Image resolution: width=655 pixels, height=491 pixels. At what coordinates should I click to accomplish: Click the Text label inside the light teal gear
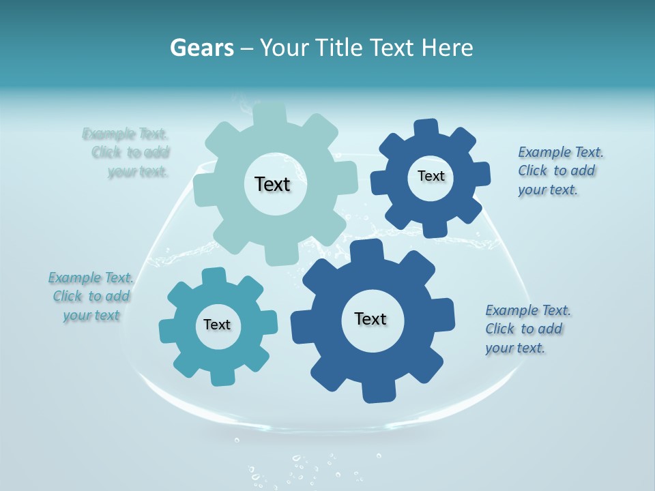pos(272,184)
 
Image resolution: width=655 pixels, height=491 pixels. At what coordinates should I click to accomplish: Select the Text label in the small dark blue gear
pos(431,176)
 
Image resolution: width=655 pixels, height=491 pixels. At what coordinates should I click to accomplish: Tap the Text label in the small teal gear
pos(217,325)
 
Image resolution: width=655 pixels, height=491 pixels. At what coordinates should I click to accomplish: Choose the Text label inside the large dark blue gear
pos(370,318)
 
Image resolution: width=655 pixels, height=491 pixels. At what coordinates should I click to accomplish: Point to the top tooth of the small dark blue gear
pos(426,128)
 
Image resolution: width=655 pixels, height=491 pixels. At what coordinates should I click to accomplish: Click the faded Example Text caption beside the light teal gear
pos(130,153)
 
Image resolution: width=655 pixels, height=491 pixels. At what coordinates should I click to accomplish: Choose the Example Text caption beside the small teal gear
pos(91,297)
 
